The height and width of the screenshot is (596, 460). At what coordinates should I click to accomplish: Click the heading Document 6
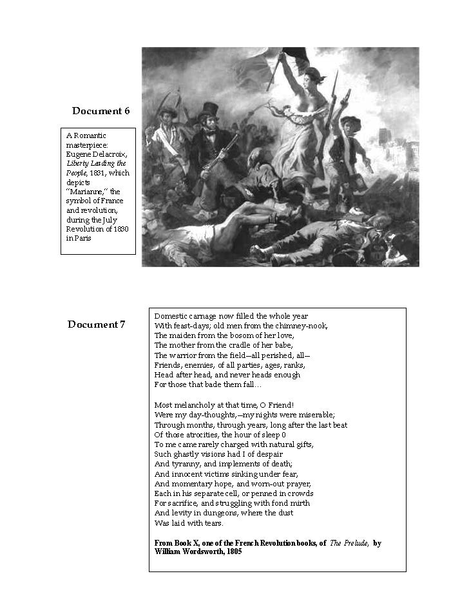[x=101, y=111]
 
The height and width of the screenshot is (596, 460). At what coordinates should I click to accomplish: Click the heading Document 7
[x=96, y=324]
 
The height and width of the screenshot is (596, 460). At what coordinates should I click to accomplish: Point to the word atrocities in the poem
[x=202, y=435]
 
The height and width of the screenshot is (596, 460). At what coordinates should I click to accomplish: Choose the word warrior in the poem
[x=184, y=355]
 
